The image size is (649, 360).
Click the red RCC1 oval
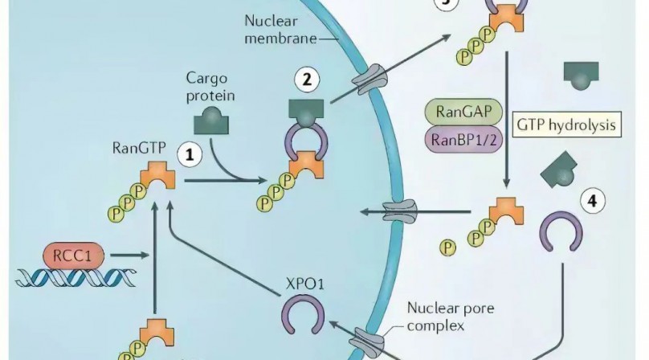[74, 255]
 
